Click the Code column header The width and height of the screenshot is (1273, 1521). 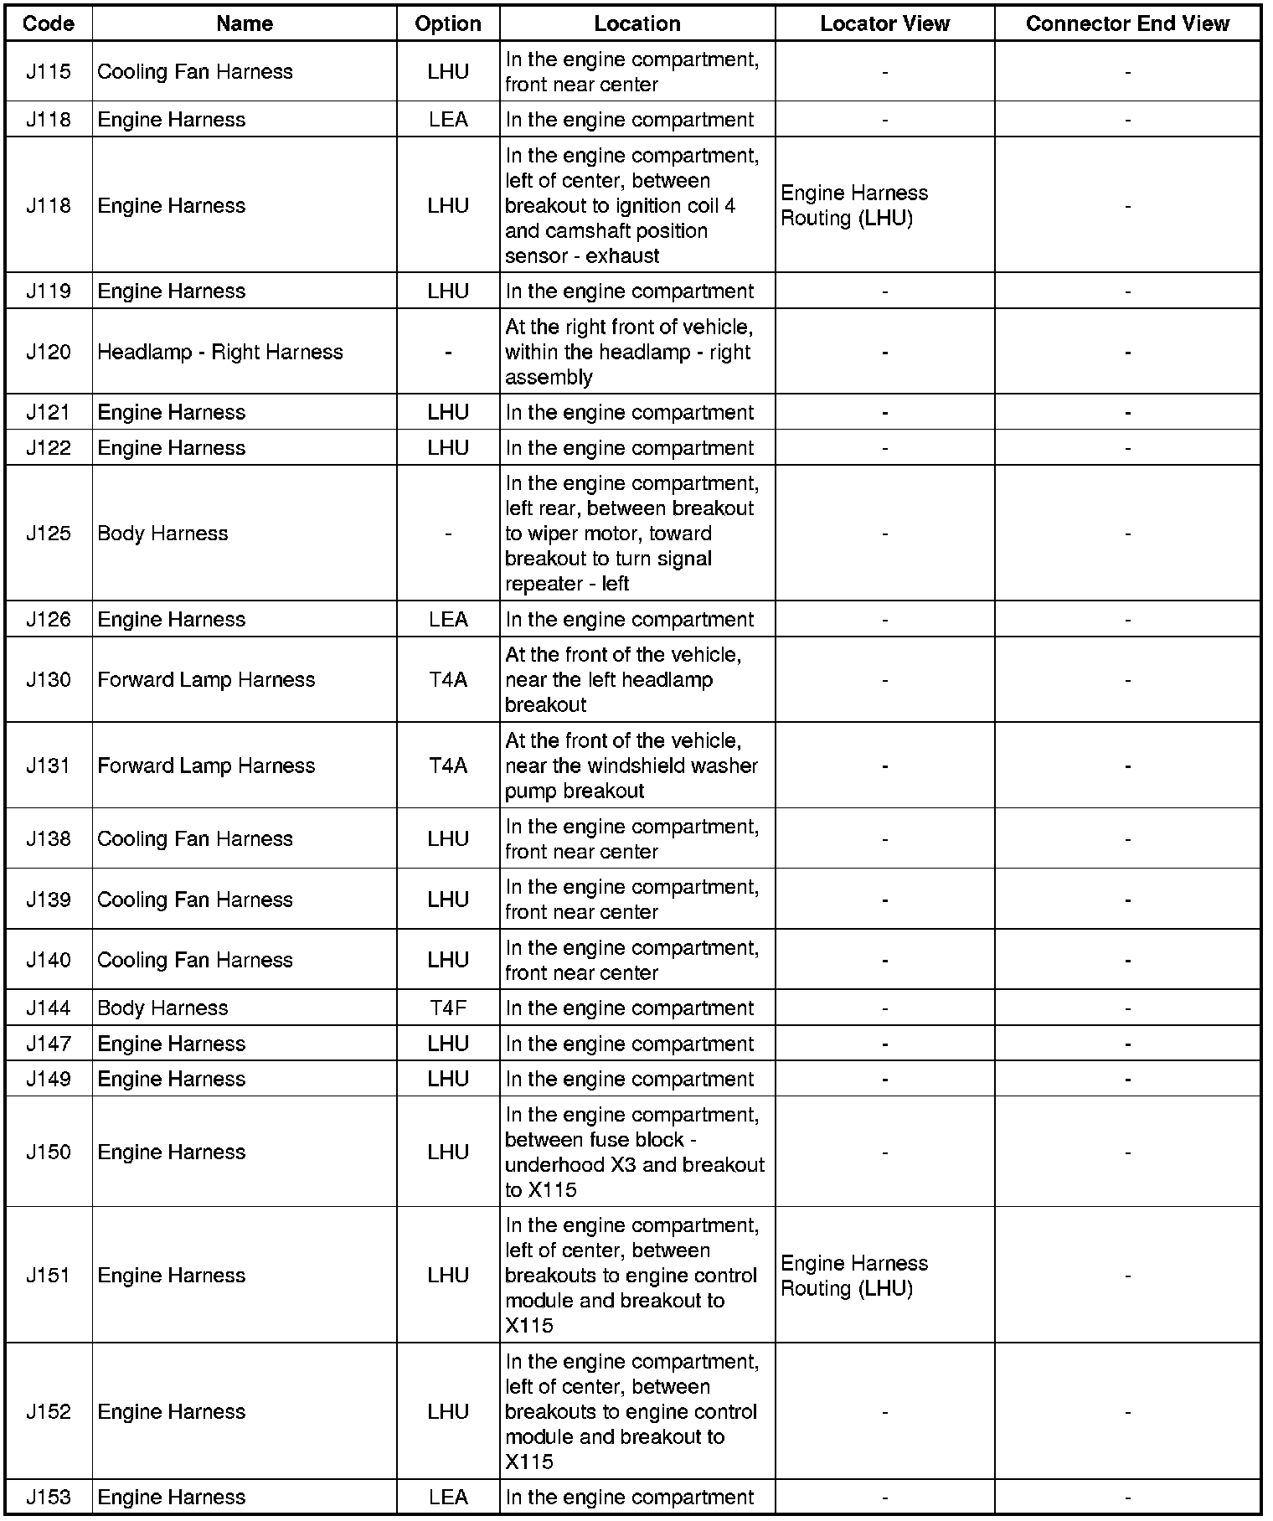(x=49, y=23)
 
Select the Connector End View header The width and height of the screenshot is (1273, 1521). (x=1126, y=23)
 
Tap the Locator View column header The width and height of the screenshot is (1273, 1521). (x=884, y=23)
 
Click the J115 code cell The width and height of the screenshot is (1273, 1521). (x=49, y=72)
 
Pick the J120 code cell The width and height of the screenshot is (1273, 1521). (x=49, y=352)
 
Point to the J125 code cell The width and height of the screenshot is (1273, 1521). (x=49, y=534)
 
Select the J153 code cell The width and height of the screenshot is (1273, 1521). (x=49, y=1497)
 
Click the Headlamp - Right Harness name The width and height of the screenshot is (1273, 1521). (x=220, y=352)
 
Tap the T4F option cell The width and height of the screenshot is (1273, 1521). (x=448, y=1008)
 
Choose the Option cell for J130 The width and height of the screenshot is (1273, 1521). (x=448, y=679)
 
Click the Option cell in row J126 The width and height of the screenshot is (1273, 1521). (x=448, y=619)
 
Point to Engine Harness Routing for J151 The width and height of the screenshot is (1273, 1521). (x=854, y=1276)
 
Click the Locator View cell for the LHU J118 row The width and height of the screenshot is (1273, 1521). (x=854, y=205)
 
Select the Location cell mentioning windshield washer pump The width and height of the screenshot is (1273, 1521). (x=631, y=766)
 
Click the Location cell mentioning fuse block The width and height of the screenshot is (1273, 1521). (x=635, y=1152)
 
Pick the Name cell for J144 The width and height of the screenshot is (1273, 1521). (x=162, y=1008)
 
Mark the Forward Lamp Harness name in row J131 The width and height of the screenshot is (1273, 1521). (x=206, y=766)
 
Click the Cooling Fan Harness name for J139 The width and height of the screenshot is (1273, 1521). (x=195, y=900)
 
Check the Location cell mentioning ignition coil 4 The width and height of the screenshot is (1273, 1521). (x=631, y=205)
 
